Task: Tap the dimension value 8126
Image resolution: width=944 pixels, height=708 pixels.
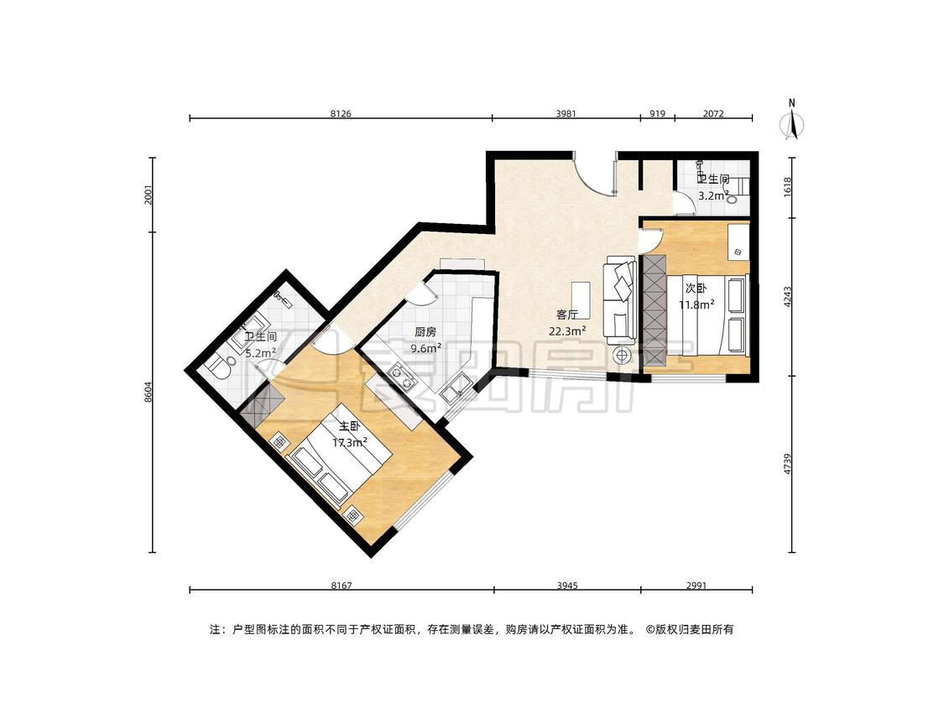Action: pos(341,113)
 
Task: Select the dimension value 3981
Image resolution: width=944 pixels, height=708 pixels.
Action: pos(566,113)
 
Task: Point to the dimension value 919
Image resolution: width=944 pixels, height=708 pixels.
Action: pos(657,113)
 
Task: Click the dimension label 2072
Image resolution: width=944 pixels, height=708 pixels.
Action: pos(712,113)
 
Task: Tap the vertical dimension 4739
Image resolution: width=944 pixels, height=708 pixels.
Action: pos(787,464)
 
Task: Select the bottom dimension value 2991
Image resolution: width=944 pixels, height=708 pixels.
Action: pos(696,586)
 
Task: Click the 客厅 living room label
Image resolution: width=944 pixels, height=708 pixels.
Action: pos(567,315)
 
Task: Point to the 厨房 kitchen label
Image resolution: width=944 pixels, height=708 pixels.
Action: pos(425,331)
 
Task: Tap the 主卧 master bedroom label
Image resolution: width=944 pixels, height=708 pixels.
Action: pos(350,427)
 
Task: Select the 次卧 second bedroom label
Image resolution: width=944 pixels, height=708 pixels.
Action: pos(696,289)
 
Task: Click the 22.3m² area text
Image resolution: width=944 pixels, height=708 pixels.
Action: pos(567,331)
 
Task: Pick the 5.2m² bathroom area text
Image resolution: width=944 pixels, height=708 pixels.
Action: pos(260,353)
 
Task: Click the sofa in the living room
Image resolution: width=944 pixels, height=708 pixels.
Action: pos(620,299)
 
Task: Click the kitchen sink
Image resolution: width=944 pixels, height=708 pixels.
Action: pos(456,388)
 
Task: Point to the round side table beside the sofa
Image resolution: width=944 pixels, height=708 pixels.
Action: pos(622,355)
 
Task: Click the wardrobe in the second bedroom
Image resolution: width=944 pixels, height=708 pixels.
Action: pos(655,310)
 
